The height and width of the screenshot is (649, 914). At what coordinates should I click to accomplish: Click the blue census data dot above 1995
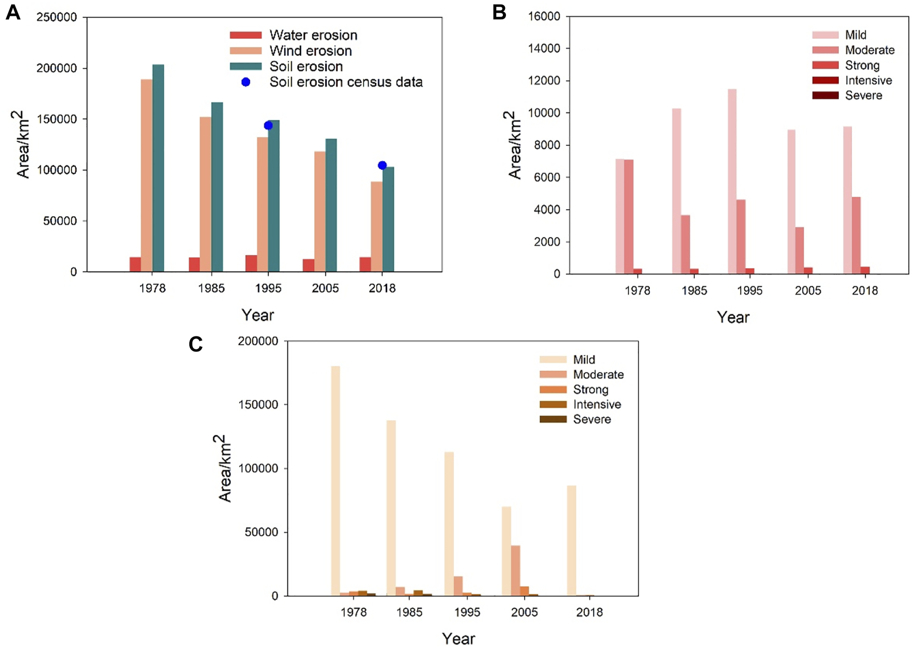tap(268, 125)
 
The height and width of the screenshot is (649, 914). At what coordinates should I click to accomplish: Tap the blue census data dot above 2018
tap(382, 165)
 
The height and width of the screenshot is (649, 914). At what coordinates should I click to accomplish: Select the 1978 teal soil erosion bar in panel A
tap(158, 168)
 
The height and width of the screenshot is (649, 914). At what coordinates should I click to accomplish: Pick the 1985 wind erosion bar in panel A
tap(205, 194)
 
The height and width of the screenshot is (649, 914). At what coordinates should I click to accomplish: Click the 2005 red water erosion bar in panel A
tap(308, 265)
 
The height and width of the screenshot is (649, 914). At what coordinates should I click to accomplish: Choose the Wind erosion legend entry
tap(310, 51)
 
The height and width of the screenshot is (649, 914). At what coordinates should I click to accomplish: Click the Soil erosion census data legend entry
tap(346, 82)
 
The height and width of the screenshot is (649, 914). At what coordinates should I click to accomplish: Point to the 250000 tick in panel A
tap(56, 17)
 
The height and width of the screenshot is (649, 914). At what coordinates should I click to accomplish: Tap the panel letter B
tap(499, 12)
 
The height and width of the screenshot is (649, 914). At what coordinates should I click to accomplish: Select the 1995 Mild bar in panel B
tap(732, 181)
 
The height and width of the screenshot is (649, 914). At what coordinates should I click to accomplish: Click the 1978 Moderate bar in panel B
tap(628, 217)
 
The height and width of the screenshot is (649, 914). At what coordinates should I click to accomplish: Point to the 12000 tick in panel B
tap(544, 80)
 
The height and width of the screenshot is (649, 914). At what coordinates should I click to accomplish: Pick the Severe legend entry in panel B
tap(863, 95)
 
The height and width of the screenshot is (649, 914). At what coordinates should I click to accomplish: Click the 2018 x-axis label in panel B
tap(864, 290)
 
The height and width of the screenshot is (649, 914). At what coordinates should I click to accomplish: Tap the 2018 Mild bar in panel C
tap(572, 540)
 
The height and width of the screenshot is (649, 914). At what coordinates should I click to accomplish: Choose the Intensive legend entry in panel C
tap(597, 404)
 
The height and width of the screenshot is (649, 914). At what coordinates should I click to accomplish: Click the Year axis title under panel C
tap(458, 639)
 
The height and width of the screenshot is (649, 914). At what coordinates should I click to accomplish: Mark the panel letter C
tap(195, 344)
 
